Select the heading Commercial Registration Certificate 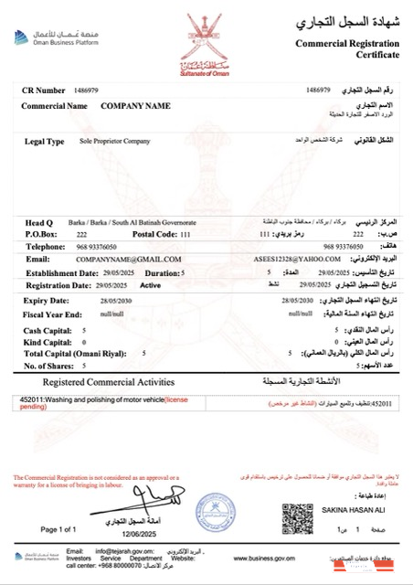click(x=348, y=49)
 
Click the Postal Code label click(x=155, y=235)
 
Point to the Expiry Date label click(x=47, y=299)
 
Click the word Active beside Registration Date click(x=152, y=285)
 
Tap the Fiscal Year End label click(x=53, y=313)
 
